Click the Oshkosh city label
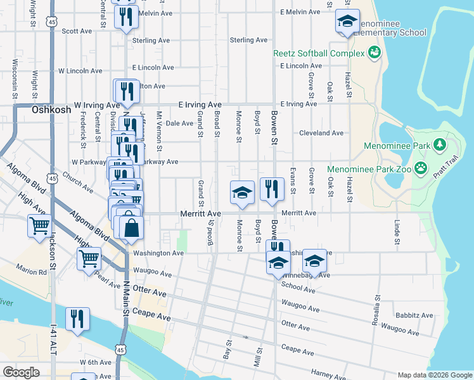point(47,110)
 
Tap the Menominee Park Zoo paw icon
point(420,168)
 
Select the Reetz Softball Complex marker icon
point(375,53)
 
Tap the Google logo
point(21,372)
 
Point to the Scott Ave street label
point(77,30)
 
